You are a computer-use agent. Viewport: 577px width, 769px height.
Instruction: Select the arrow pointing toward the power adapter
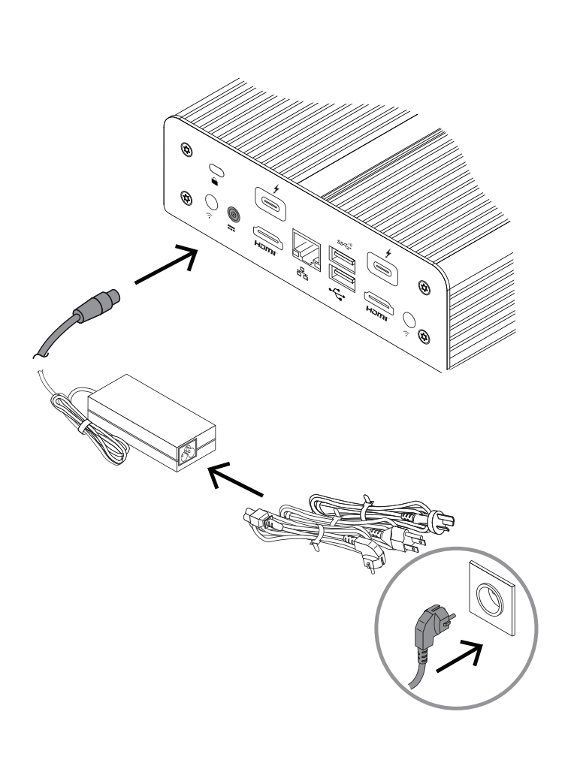click(x=235, y=481)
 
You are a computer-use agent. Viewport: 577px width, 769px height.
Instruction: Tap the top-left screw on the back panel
click(x=186, y=149)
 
